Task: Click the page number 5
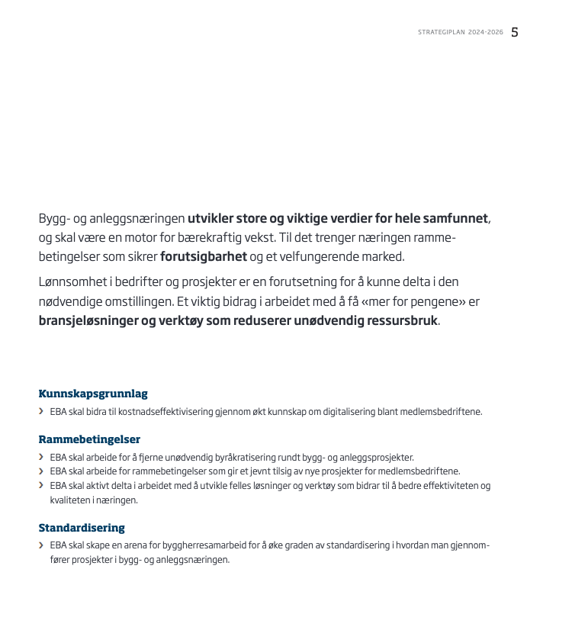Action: point(515,32)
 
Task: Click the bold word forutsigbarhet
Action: point(204,256)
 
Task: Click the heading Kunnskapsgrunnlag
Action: point(93,394)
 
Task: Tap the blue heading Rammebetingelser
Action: point(89,439)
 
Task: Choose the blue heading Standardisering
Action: point(82,528)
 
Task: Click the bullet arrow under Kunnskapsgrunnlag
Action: point(41,412)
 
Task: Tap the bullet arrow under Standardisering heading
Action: point(41,546)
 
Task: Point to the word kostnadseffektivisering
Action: point(159,413)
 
